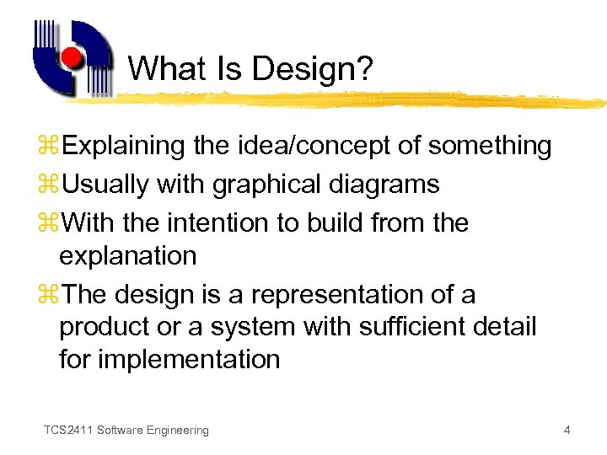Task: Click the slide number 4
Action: [x=567, y=431]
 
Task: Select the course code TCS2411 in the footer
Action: [x=68, y=431]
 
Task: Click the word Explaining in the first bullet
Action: [x=124, y=146]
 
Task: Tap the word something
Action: [x=489, y=146]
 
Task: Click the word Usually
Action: [x=106, y=185]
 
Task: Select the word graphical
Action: [x=263, y=185]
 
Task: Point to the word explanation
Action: [x=127, y=255]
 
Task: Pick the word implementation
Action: [x=189, y=359]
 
